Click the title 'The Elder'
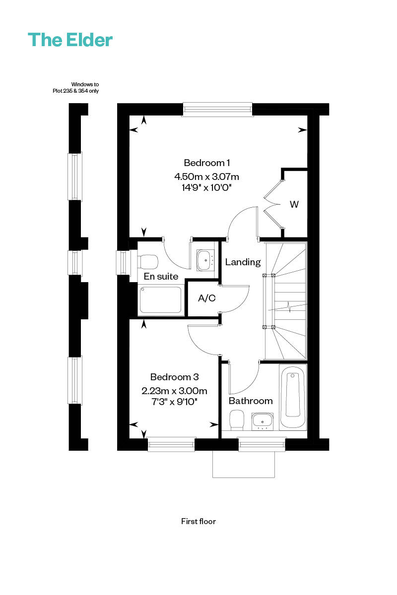[70, 40]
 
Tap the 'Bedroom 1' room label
[206, 163]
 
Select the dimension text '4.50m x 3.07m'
[206, 177]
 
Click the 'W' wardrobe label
[294, 204]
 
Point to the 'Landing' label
[243, 262]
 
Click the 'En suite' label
[161, 277]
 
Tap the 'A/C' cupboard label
[206, 298]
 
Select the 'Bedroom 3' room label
[175, 377]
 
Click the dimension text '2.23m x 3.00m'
[175, 391]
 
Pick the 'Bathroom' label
[251, 401]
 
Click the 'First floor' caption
[198, 522]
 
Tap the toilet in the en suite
[148, 262]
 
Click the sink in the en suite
[205, 260]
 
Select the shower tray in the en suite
[161, 299]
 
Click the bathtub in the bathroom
[292, 397]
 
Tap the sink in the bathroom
[263, 421]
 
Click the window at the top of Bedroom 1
[217, 110]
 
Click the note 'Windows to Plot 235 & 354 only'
[76, 88]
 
